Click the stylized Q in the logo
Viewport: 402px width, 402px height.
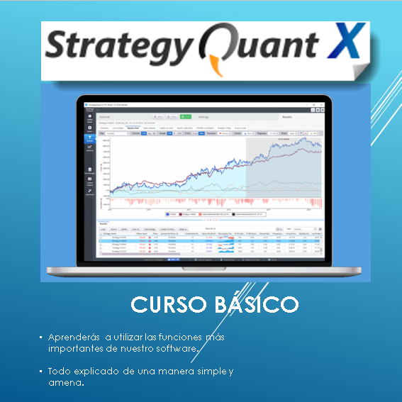(218, 50)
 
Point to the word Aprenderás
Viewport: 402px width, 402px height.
(74, 336)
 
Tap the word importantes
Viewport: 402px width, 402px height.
(77, 349)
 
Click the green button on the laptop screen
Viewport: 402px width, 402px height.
(186, 116)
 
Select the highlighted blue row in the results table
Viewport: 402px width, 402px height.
(206, 241)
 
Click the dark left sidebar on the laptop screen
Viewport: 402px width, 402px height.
(90, 177)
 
